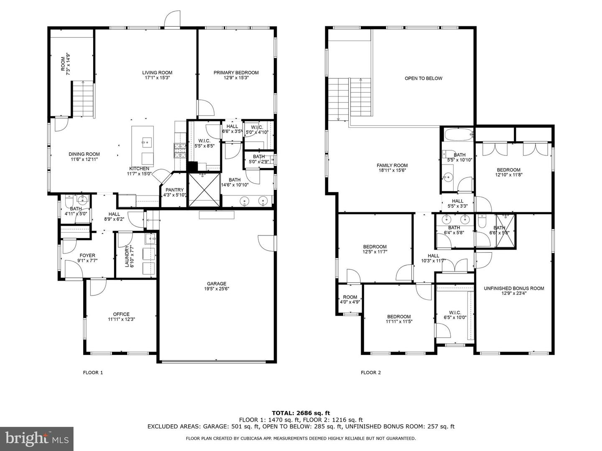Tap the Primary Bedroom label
point(236,73)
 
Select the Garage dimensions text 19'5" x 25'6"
point(217,289)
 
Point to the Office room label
point(121,314)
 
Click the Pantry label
point(174,190)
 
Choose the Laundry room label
point(127,256)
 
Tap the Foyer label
point(87,256)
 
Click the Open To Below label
point(423,79)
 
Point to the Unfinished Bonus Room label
point(514,288)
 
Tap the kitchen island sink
point(147,142)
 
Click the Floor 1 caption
point(93,372)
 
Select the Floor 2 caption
point(371,372)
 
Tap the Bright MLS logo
point(37,438)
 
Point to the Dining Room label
point(84,154)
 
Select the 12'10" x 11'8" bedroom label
point(508,170)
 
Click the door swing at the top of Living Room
point(173,20)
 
